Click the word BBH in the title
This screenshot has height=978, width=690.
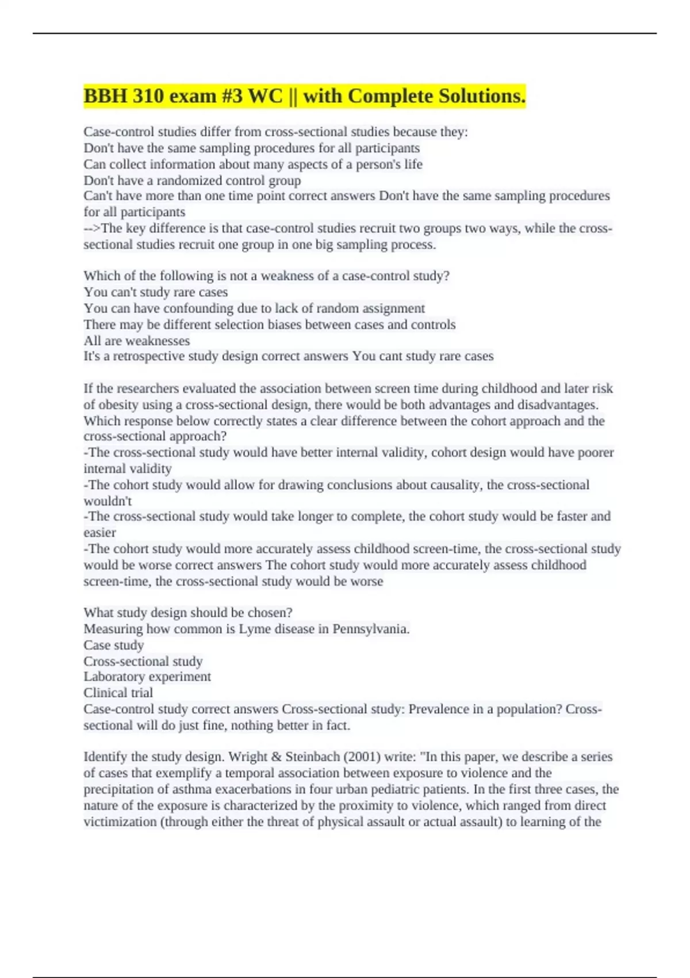pos(106,96)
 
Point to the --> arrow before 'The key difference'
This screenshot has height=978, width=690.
pos(92,228)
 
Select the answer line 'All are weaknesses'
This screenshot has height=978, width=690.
pos(137,341)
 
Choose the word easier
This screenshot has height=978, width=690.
pos(100,533)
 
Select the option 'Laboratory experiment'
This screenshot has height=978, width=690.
pos(147,677)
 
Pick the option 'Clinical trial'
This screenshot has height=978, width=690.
pos(118,693)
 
